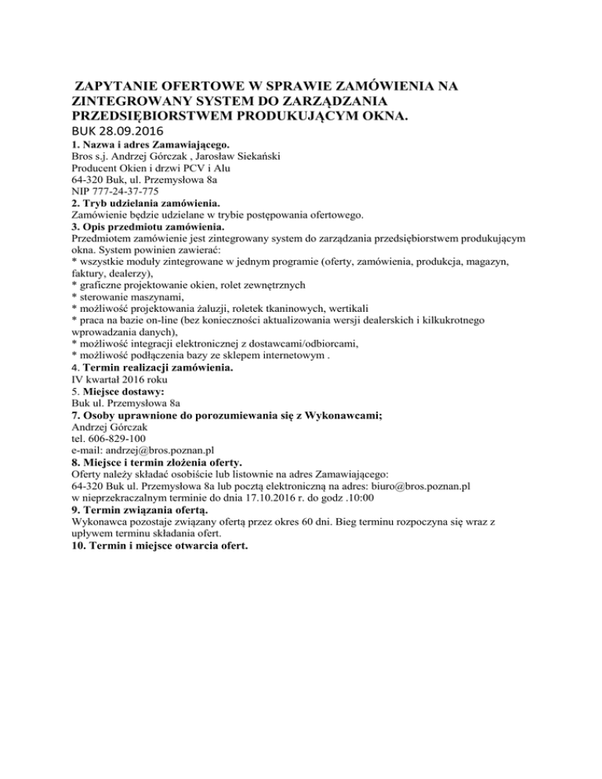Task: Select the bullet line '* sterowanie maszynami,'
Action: (128, 297)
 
